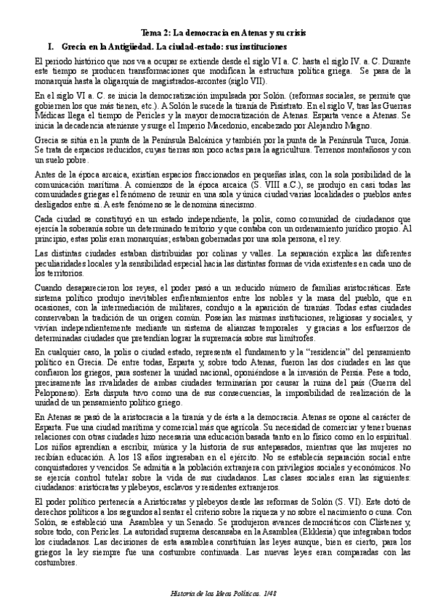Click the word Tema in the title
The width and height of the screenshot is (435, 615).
coord(149,33)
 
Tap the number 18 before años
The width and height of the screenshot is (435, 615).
coord(118,458)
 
